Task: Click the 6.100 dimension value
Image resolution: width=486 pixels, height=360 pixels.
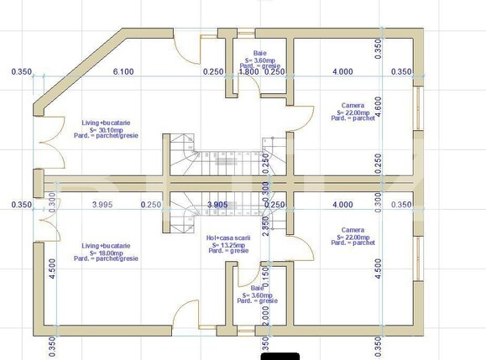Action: coord(123,72)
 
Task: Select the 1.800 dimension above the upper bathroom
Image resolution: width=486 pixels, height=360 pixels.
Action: coord(249,72)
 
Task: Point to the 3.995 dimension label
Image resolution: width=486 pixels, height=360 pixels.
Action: coord(102,205)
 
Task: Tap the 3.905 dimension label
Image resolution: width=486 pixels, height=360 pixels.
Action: coord(217,205)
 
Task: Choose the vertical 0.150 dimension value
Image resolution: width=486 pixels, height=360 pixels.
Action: coord(265,274)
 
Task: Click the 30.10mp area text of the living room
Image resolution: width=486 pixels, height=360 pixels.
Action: coord(107,130)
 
